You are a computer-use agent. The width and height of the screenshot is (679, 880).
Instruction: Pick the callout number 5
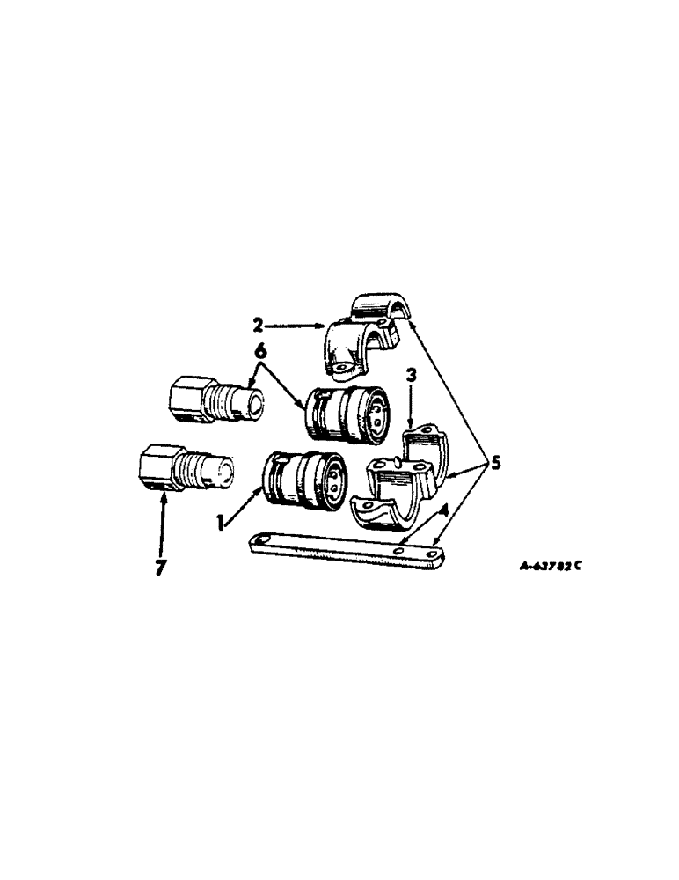pos(496,463)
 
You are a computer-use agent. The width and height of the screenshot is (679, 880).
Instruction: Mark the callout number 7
pos(160,568)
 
